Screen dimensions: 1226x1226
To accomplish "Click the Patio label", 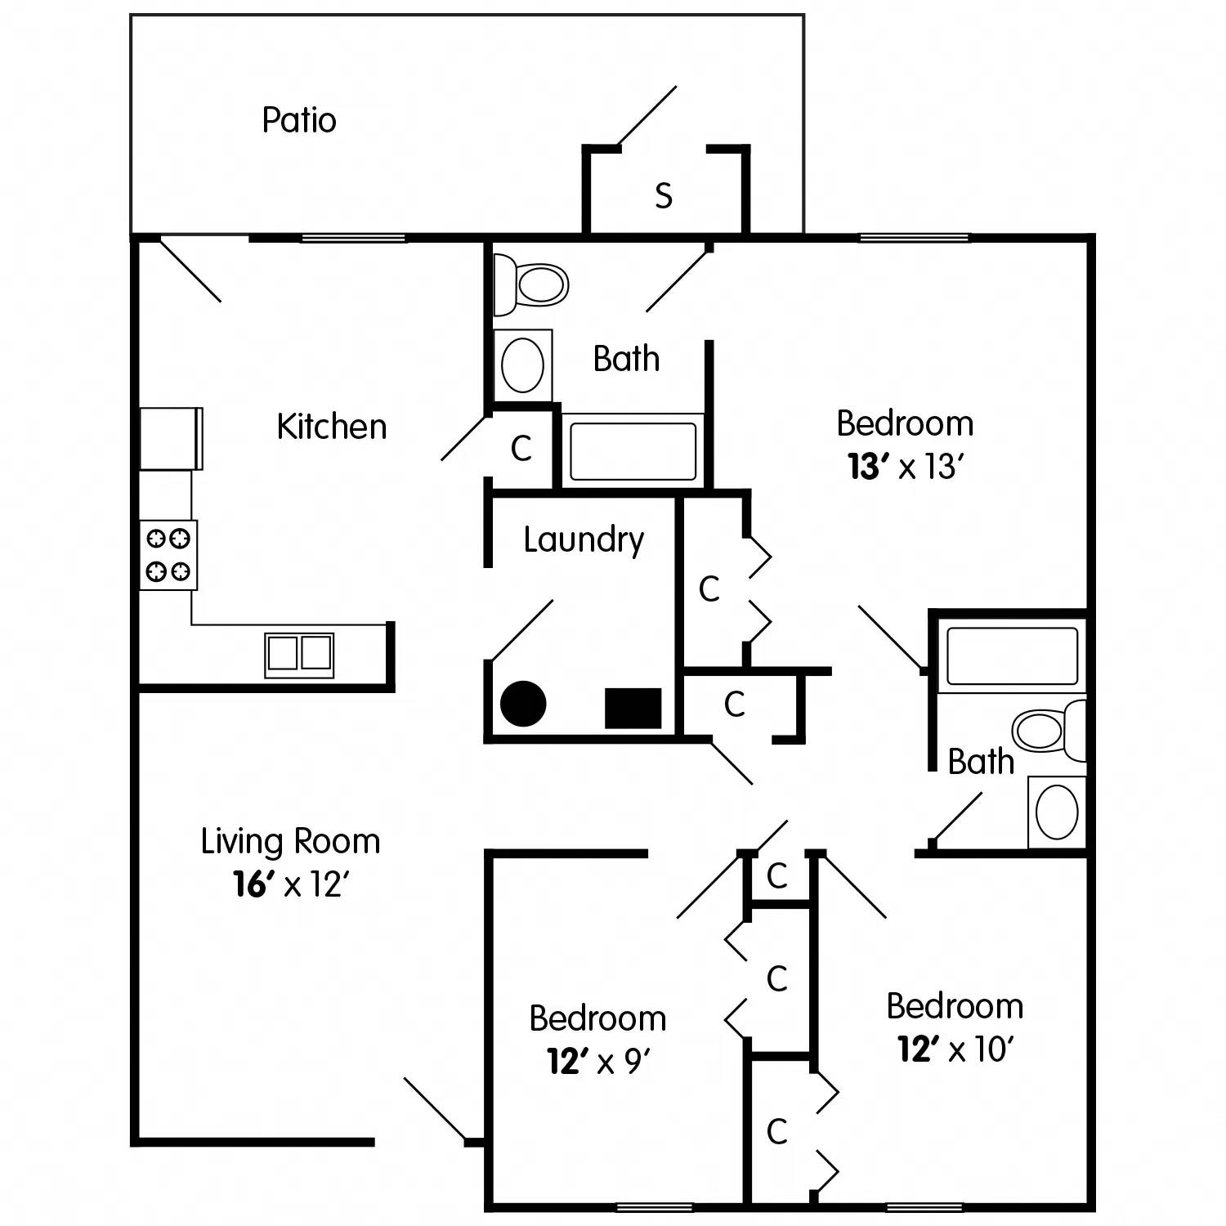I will click(x=299, y=120).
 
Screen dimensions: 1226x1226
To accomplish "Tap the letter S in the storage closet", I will click(x=664, y=196).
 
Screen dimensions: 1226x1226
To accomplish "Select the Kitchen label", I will click(x=331, y=427).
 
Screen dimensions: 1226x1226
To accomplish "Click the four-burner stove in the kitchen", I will click(x=168, y=554).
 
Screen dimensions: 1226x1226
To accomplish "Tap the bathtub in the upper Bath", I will click(x=633, y=451).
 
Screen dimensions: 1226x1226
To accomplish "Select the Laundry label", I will click(x=584, y=540).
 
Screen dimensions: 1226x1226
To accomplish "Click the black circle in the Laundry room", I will click(x=523, y=704).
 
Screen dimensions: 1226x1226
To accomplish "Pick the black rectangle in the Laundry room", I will click(x=633, y=708).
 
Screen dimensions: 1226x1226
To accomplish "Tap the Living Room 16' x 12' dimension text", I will click(x=291, y=884).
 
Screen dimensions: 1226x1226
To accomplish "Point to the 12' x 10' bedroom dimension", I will click(x=955, y=1049).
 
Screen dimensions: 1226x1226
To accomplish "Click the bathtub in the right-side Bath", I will click(x=1012, y=656).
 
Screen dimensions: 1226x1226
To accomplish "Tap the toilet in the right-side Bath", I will click(x=1048, y=727).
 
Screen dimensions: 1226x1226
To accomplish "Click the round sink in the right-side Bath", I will click(x=1057, y=812).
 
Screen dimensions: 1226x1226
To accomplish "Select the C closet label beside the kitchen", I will click(x=521, y=448).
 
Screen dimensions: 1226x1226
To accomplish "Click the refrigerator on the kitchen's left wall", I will click(x=170, y=438).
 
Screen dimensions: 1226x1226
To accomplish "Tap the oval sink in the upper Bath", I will click(x=522, y=365).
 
